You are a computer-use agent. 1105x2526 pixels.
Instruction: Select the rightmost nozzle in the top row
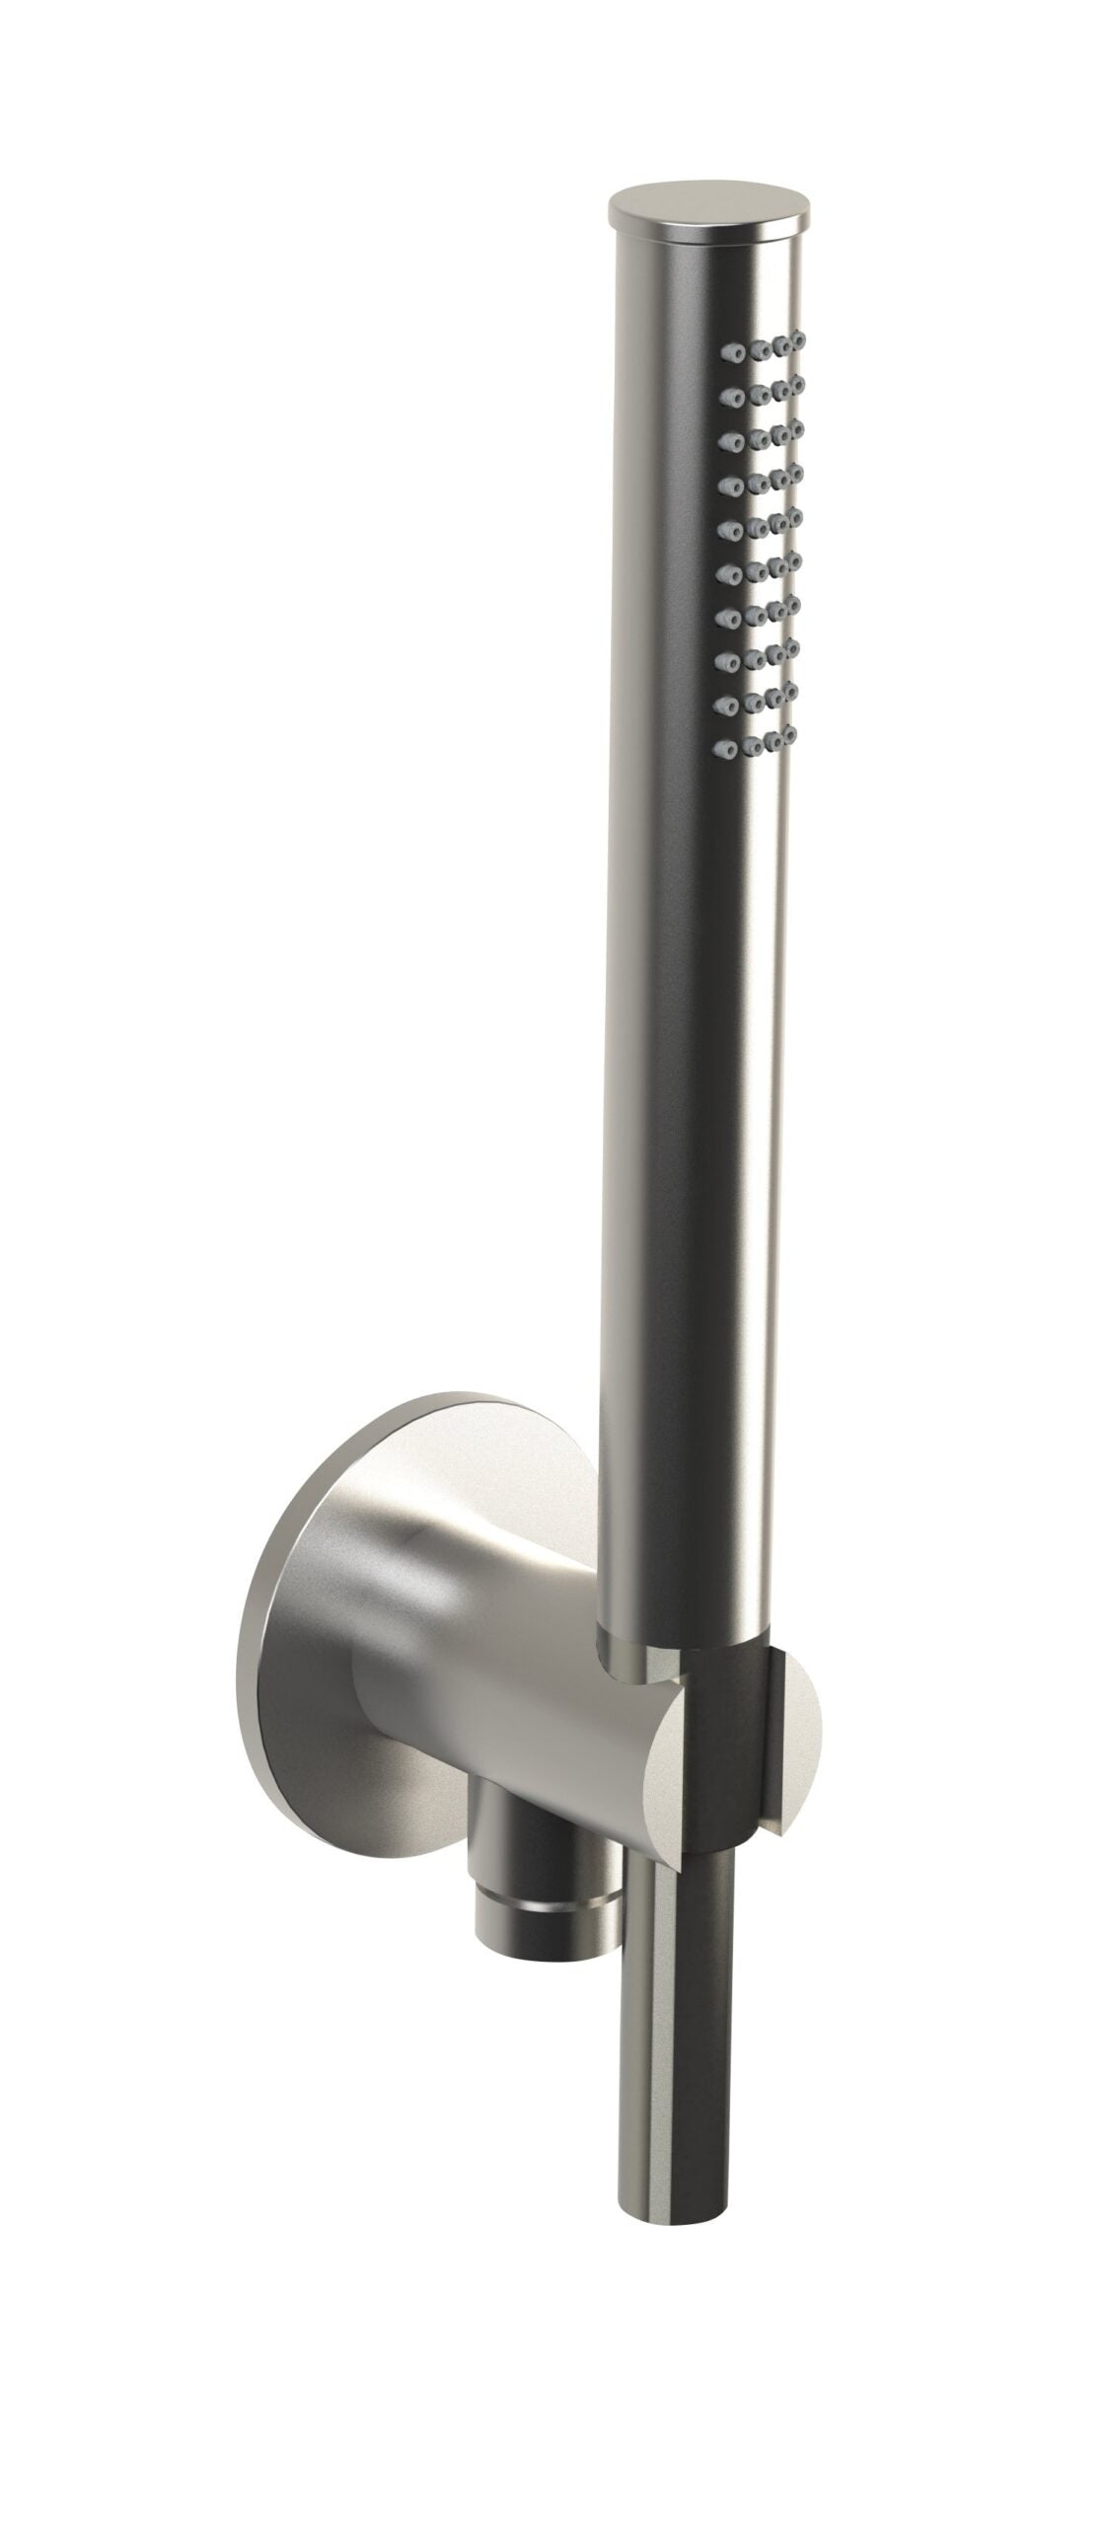[x=798, y=340]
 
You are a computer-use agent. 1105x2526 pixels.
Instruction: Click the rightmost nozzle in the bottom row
[x=787, y=734]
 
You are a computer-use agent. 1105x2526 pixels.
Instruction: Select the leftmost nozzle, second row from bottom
[x=733, y=703]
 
